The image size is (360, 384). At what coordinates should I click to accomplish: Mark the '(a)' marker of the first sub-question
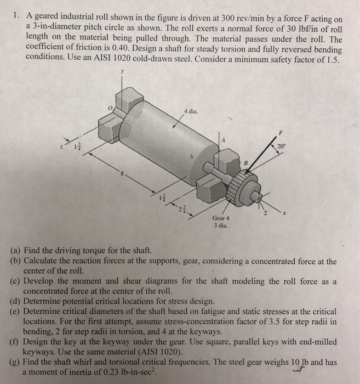(16, 250)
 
